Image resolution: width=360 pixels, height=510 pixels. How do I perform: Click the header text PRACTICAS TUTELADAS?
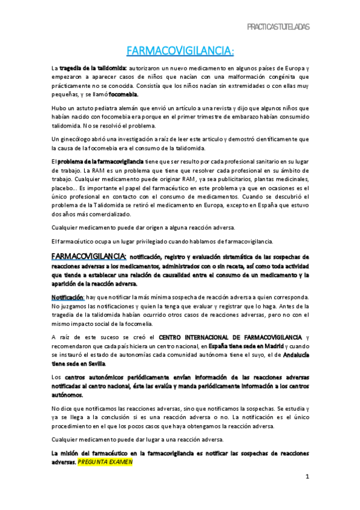[x=278, y=27]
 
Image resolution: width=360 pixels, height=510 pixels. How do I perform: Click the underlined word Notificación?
[x=67, y=297]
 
